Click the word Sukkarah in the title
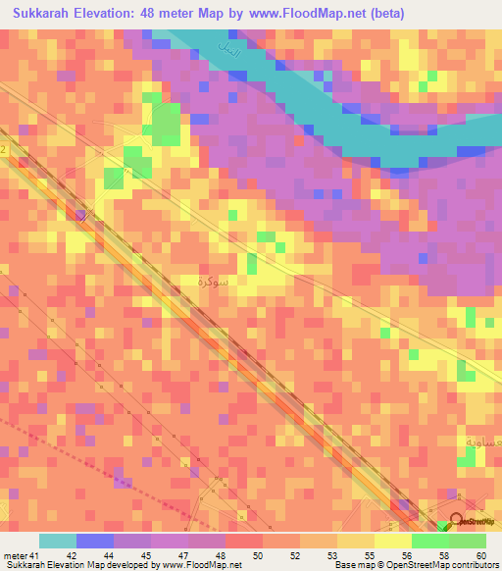point(45,14)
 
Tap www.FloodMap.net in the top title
point(312,14)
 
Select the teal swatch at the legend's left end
point(57,541)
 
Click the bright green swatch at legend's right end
point(468,541)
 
